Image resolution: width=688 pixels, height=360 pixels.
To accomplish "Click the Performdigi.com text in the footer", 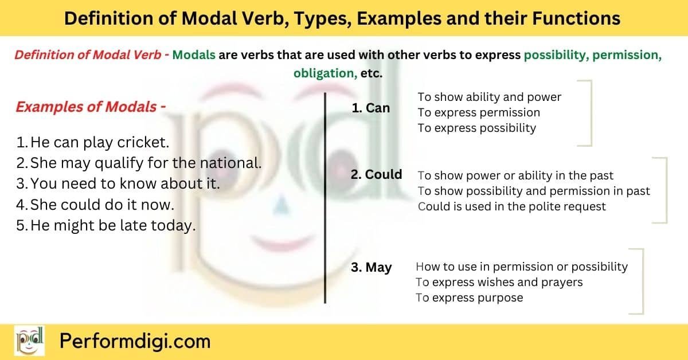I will [135, 342].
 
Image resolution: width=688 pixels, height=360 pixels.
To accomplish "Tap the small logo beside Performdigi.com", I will [29, 342].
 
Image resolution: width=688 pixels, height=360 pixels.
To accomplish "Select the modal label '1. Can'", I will [370, 108].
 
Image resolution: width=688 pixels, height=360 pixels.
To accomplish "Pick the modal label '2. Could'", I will [376, 174].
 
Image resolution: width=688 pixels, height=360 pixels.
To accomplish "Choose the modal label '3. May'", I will [371, 267].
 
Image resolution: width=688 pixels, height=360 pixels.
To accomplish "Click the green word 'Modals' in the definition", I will [194, 56].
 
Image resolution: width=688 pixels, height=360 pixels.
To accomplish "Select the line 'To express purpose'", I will [469, 298].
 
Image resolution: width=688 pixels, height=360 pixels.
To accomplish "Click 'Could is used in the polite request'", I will [511, 206].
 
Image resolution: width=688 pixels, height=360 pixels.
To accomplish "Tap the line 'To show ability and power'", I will [489, 97].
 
